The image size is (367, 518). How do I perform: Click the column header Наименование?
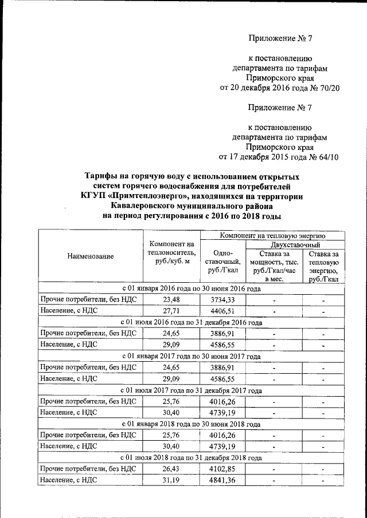tap(90, 257)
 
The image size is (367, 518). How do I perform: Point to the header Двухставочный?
tap(294, 244)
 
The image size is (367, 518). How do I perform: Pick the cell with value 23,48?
tap(171, 299)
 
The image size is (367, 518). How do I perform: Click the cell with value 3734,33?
tap(222, 299)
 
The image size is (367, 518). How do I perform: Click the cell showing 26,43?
tap(171, 469)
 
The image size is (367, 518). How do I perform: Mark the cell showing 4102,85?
tap(222, 469)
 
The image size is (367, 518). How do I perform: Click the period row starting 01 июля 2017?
tap(192, 390)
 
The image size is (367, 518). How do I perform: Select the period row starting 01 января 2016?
tap(192, 288)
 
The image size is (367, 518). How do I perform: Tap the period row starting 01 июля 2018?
tap(192, 458)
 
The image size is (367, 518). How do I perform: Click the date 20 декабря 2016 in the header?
tap(267, 88)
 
